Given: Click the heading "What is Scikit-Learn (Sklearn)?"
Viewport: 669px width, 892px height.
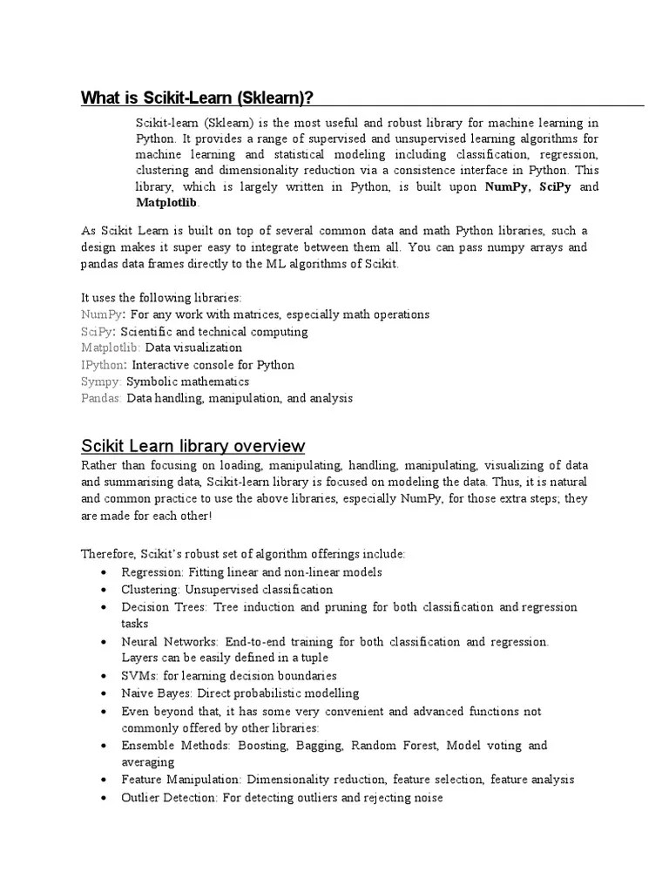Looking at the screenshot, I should click(x=197, y=97).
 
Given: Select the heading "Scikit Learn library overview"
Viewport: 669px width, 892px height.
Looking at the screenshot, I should click(x=193, y=446).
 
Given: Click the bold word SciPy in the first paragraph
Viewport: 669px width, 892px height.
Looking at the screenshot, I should click(x=555, y=187).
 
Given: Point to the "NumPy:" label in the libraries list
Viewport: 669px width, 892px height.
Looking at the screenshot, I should click(x=104, y=314).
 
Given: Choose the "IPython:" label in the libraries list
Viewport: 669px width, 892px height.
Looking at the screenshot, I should click(x=104, y=365).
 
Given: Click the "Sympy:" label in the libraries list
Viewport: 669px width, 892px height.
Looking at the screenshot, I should click(x=102, y=382).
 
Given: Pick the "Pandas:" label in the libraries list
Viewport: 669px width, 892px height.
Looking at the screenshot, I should click(x=102, y=398).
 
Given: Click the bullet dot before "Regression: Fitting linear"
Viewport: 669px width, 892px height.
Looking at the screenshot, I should click(x=104, y=572).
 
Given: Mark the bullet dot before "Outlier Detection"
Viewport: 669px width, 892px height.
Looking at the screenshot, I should click(x=104, y=798).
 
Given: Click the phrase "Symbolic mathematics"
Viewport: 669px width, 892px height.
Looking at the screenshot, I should click(x=187, y=382).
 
